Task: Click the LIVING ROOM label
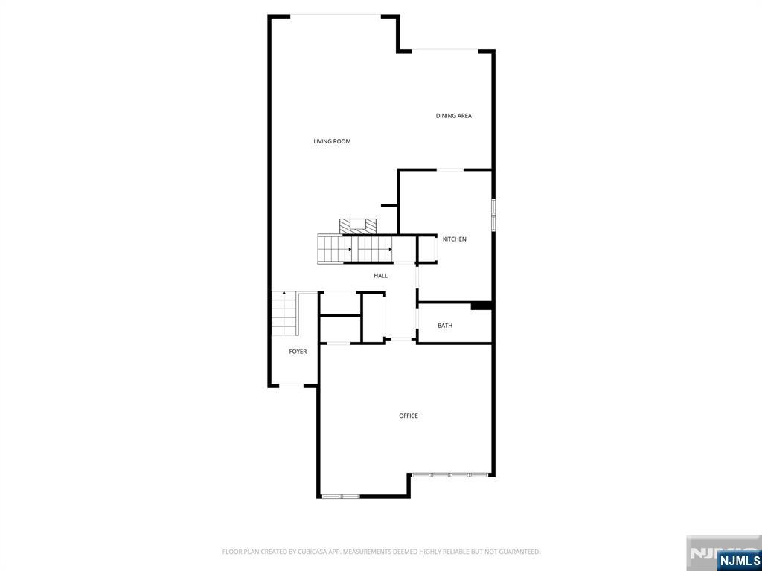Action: [332, 141]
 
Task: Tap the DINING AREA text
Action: [453, 116]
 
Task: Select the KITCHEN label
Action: [455, 239]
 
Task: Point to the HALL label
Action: [381, 276]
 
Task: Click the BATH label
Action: [445, 326]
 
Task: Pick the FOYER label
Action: [298, 352]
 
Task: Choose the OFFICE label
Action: [409, 416]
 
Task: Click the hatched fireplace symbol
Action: [358, 226]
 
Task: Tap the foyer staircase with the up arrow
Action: [284, 313]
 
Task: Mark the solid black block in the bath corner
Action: [481, 305]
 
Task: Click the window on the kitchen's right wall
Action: [493, 215]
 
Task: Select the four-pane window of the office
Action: [450, 474]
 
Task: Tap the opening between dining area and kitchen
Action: [449, 170]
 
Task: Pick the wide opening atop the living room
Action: [335, 16]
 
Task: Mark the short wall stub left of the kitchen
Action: [389, 205]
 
